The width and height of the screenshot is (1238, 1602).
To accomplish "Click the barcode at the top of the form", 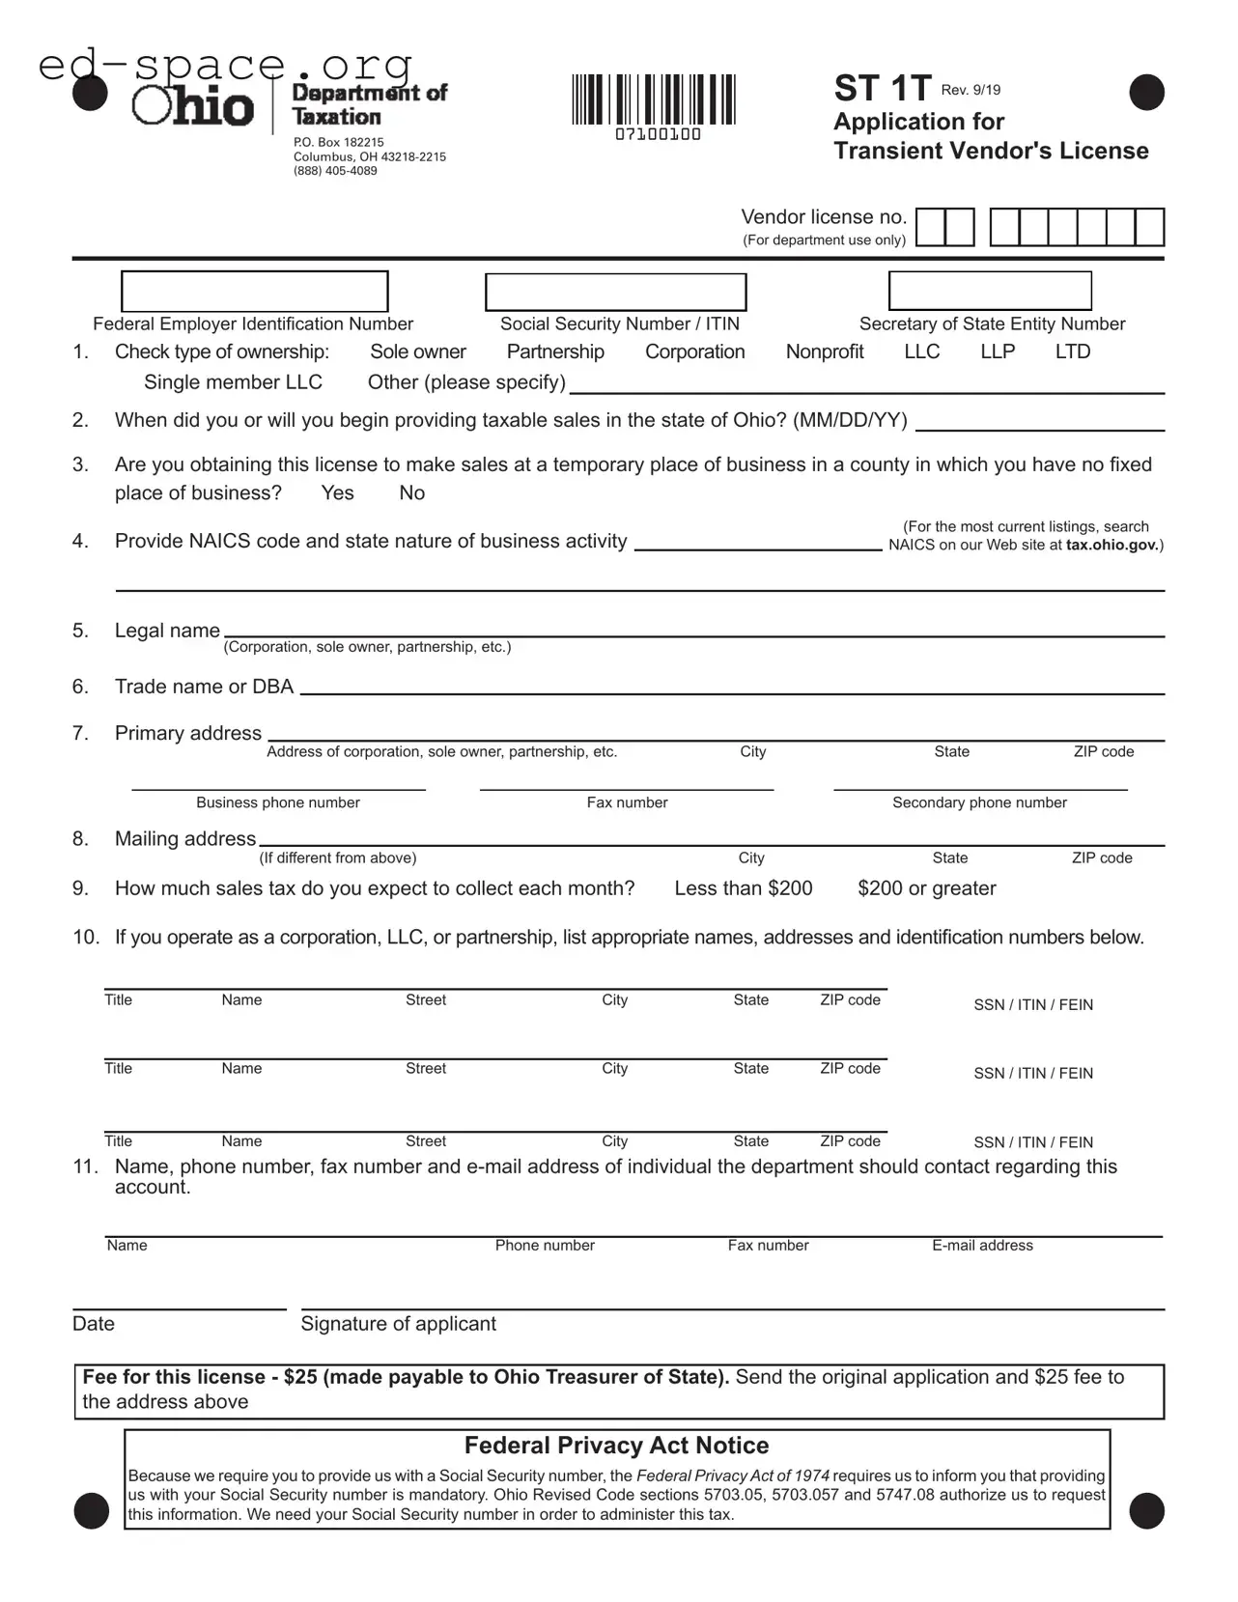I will (653, 100).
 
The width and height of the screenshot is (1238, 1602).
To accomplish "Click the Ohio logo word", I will (193, 106).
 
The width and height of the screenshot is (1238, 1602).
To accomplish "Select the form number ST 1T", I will (882, 89).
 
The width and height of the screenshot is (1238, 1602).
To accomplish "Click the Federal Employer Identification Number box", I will (254, 292).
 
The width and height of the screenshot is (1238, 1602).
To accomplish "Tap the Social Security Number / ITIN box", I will (615, 293).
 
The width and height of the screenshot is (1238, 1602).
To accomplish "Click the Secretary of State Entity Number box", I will (990, 291).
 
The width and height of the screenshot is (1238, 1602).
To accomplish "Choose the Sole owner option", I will (417, 352).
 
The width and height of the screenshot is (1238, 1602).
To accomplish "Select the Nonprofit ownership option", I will (824, 352).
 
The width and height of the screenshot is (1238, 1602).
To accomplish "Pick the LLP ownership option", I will (998, 352).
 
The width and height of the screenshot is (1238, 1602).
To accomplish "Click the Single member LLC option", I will (233, 382).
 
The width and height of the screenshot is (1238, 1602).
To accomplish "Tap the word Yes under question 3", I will (337, 493).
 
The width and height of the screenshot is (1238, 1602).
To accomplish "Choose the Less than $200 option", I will (743, 888).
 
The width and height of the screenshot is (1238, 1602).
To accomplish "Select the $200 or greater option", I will (926, 888).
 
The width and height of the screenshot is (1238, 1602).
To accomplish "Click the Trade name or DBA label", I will (204, 687).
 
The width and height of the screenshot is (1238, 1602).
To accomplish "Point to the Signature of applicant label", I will (398, 1324).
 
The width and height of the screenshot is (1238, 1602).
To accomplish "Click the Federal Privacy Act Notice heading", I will (616, 1446).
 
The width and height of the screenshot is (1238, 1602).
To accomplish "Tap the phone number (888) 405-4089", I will (335, 171).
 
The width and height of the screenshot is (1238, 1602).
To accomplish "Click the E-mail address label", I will (982, 1246).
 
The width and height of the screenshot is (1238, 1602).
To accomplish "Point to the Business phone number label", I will (278, 802).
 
